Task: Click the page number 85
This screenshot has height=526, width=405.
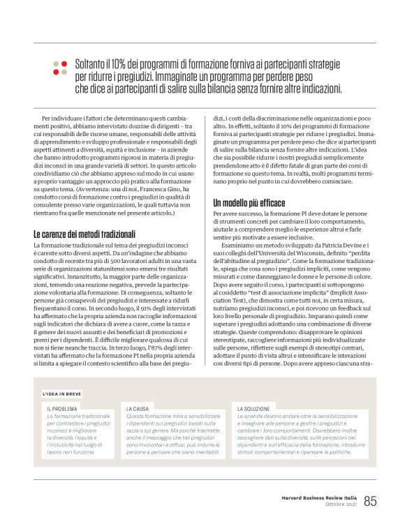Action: tap(370, 501)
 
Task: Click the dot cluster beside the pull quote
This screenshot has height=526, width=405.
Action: tap(59, 67)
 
